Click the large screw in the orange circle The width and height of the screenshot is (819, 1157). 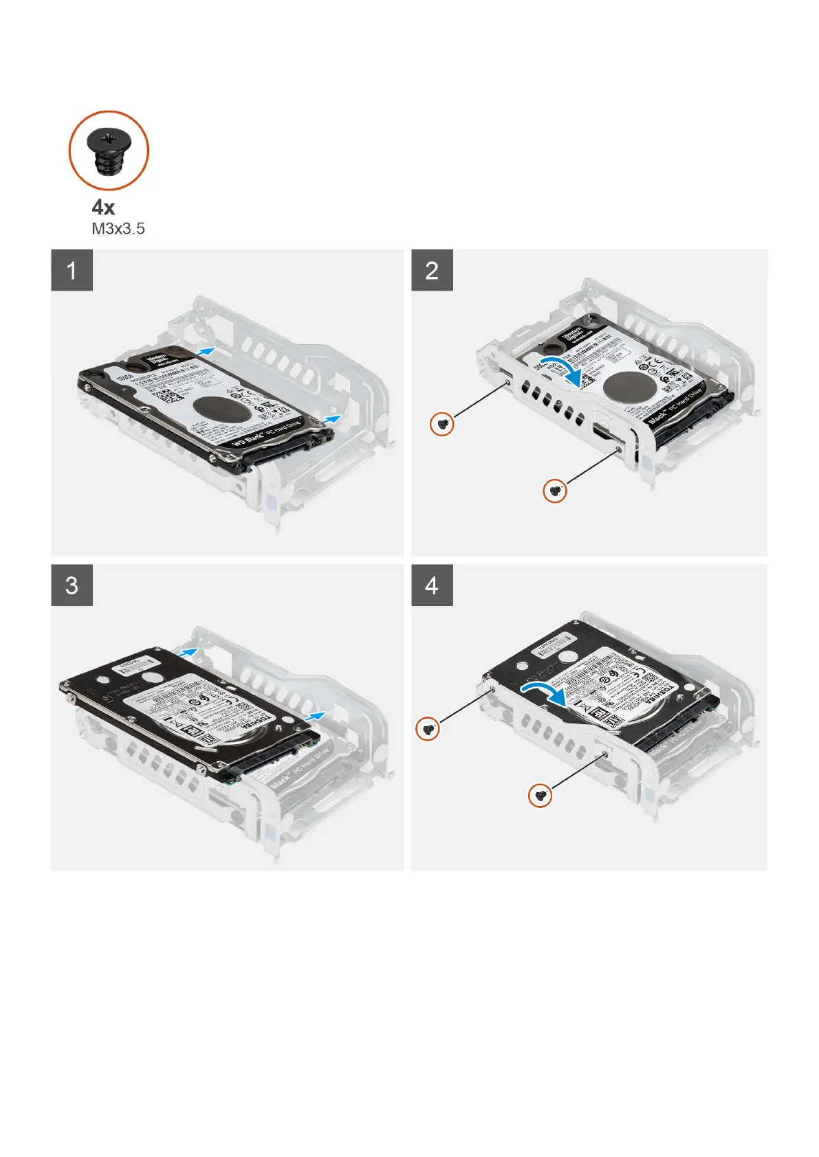tap(108, 150)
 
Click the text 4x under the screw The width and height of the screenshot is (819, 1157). tap(103, 207)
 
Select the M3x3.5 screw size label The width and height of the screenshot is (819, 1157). tap(118, 229)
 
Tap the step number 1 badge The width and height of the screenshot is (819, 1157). tap(72, 270)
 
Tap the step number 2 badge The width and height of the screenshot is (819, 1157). tap(432, 270)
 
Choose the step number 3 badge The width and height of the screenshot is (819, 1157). tap(72, 585)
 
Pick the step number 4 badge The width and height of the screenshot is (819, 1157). tap(432, 585)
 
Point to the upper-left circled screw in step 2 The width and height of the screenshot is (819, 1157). tap(442, 424)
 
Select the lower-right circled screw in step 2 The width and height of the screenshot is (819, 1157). tap(555, 491)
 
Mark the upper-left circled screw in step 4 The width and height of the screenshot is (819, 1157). tap(428, 728)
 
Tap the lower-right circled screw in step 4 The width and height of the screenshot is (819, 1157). tap(540, 796)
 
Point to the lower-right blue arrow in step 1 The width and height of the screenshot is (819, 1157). tap(332, 418)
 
